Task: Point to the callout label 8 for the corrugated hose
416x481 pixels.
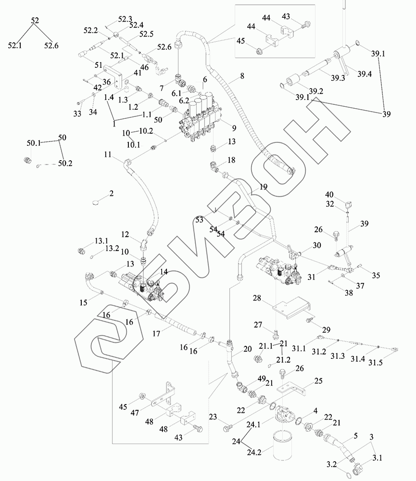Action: pyautogui.click(x=241, y=76)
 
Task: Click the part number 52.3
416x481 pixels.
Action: pyautogui.click(x=126, y=19)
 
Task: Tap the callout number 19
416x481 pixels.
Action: pyautogui.click(x=263, y=188)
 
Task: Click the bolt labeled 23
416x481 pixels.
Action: pyautogui.click(x=228, y=426)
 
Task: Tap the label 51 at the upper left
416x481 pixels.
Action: pyautogui.click(x=98, y=65)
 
